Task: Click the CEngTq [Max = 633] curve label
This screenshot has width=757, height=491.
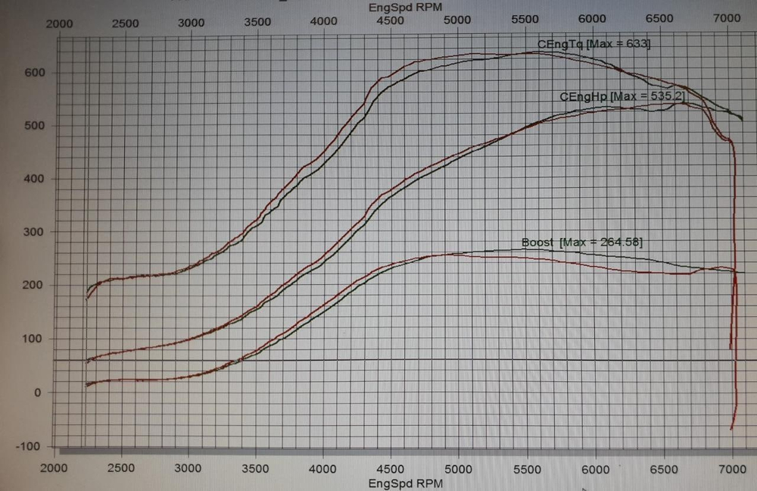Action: [593, 44]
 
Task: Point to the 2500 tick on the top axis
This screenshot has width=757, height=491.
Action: [126, 23]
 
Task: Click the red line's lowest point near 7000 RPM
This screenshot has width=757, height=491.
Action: [731, 429]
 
